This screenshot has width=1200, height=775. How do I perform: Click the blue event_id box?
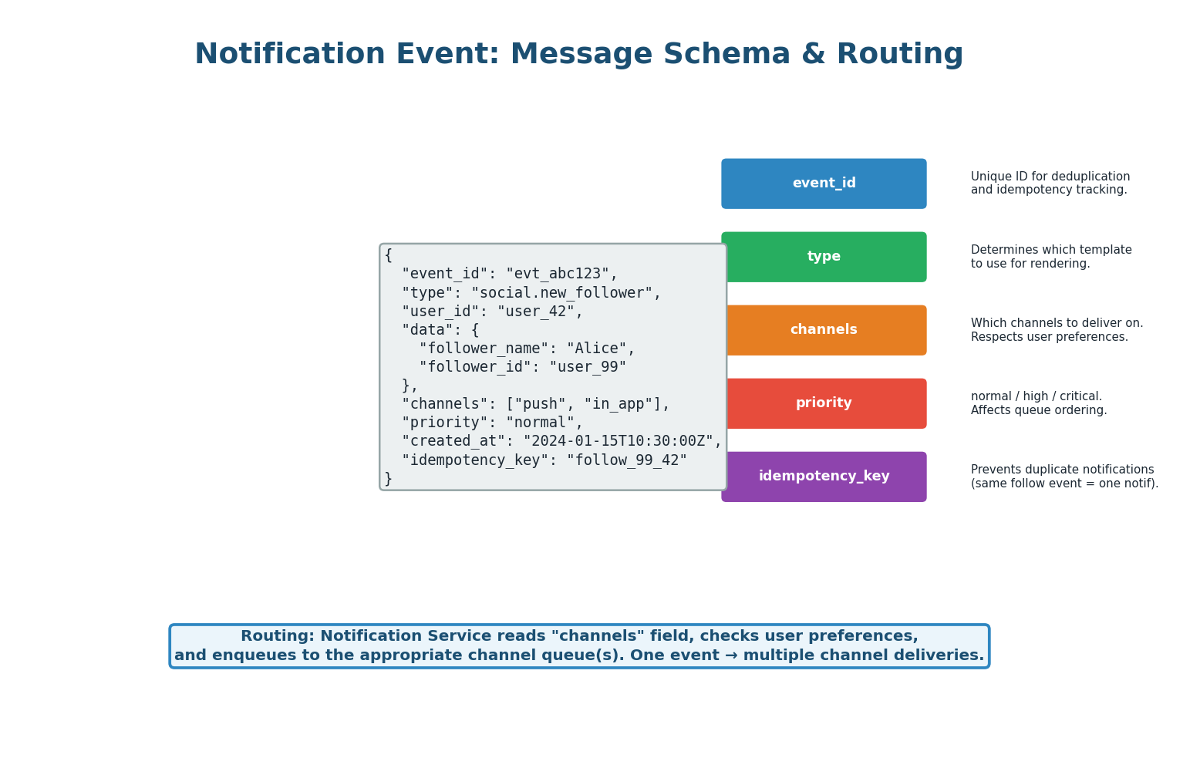coord(824,184)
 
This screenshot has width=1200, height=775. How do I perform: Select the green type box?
coord(824,257)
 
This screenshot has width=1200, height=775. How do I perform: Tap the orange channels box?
coord(824,330)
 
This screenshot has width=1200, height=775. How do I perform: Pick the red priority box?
coord(824,403)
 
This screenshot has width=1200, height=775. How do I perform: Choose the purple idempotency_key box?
coord(824,477)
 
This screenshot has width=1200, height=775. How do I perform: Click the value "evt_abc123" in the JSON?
coord(561,274)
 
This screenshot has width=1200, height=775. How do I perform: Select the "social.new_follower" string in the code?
coord(565,293)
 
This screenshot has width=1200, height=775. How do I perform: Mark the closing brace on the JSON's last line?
coord(389,479)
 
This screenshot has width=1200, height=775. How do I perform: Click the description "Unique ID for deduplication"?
coord(1050,177)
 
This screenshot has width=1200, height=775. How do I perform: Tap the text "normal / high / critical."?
coord(1036,396)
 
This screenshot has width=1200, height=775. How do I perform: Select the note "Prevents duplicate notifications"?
coord(1062,470)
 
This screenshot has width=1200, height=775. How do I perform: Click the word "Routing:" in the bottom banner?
coord(278,636)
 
